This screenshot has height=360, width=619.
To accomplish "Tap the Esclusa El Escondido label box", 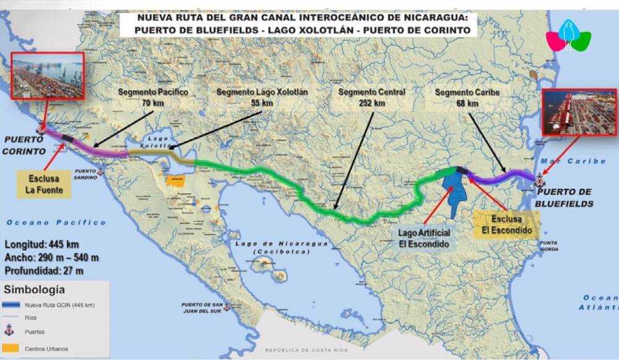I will click(506, 225).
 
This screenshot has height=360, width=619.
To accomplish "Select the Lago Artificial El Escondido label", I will click(425, 238).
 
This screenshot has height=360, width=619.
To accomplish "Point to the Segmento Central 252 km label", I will click(372, 97).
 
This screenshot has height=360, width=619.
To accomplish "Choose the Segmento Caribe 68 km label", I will click(468, 98).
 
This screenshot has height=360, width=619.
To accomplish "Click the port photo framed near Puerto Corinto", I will click(48, 76).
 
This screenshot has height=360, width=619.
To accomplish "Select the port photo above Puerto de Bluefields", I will click(579, 112).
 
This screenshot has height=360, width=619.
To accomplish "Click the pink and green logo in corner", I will click(568, 38).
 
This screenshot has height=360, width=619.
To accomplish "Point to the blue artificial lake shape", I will click(457, 192).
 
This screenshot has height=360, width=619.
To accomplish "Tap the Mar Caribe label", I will click(573, 161).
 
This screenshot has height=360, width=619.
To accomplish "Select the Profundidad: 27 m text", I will click(45, 270).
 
